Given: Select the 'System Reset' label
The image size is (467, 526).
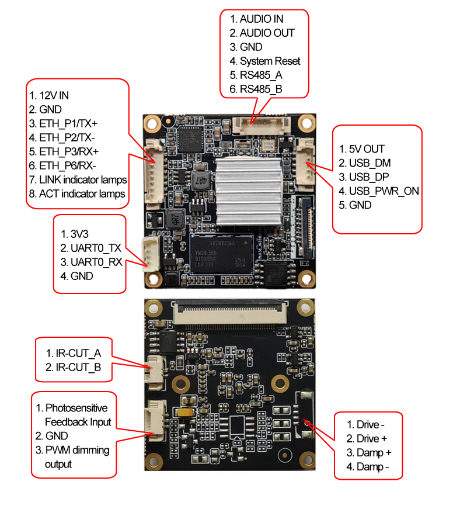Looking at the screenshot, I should pos(271,61).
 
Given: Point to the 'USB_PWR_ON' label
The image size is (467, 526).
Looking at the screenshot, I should pos(384,191).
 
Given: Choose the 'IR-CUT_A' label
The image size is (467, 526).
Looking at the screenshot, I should pos(78,353).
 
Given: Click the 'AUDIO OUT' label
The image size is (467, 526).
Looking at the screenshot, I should pos(267,33).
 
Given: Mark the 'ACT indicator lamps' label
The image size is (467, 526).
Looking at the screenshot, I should pos(82,193).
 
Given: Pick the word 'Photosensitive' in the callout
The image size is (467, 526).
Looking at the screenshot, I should pos(76,408).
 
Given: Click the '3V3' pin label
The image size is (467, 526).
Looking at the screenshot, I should pos(82,234).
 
